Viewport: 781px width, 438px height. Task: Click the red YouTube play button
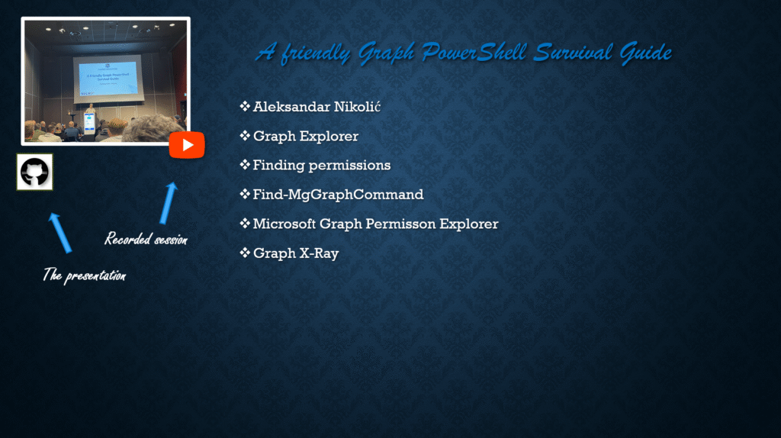[187, 145]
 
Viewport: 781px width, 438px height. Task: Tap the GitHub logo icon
[34, 172]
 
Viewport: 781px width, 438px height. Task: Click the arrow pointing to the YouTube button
[169, 203]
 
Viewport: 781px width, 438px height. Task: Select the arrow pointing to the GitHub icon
[60, 233]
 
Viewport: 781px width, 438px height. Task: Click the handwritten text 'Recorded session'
[146, 239]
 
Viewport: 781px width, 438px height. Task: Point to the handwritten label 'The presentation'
[84, 275]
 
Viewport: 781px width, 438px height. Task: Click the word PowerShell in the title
[474, 53]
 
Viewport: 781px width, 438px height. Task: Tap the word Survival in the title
[573, 53]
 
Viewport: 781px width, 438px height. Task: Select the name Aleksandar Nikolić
[317, 107]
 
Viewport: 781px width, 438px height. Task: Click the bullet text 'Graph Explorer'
[306, 136]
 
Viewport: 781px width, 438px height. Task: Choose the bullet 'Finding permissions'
[322, 165]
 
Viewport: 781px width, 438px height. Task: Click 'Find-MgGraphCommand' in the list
[338, 195]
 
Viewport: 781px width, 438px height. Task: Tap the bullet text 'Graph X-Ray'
[296, 253]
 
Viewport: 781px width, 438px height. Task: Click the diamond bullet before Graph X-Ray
[245, 253]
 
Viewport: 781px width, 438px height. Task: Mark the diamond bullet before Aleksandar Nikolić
[245, 106]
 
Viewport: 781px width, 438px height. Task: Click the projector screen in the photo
[108, 79]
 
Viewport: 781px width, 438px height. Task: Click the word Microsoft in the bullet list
[284, 224]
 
